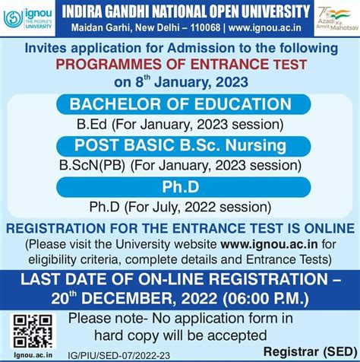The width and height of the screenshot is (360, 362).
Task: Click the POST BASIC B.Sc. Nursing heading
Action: (x=179, y=144)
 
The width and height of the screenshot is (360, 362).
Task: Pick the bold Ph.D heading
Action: (x=180, y=186)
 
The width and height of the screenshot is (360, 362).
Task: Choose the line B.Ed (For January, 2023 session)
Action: (x=180, y=123)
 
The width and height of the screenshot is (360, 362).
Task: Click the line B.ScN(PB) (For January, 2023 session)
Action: (x=180, y=164)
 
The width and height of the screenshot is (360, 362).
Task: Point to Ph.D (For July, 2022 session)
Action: (x=180, y=205)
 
